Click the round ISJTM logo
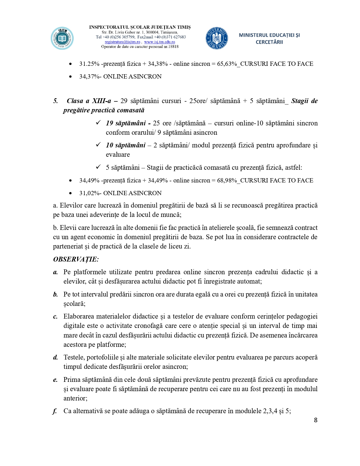pyautogui.click(x=62, y=38)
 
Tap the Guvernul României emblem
pyautogui.click(x=217, y=38)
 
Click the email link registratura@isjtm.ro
pyautogui.click(x=122, y=42)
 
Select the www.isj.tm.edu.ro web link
pyautogui.click(x=160, y=42)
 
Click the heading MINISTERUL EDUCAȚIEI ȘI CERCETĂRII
pyautogui.click(x=269, y=38)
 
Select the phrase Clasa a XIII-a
pyautogui.click(x=89, y=101)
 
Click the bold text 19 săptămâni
pyautogui.click(x=126, y=123)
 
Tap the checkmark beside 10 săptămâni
pyautogui.click(x=98, y=145)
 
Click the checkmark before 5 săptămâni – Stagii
pyautogui.click(x=98, y=167)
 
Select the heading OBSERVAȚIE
pyautogui.click(x=76, y=259)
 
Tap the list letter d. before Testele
pyautogui.click(x=55, y=358)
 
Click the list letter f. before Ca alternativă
pyautogui.click(x=55, y=411)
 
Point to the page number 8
pyautogui.click(x=316, y=420)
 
